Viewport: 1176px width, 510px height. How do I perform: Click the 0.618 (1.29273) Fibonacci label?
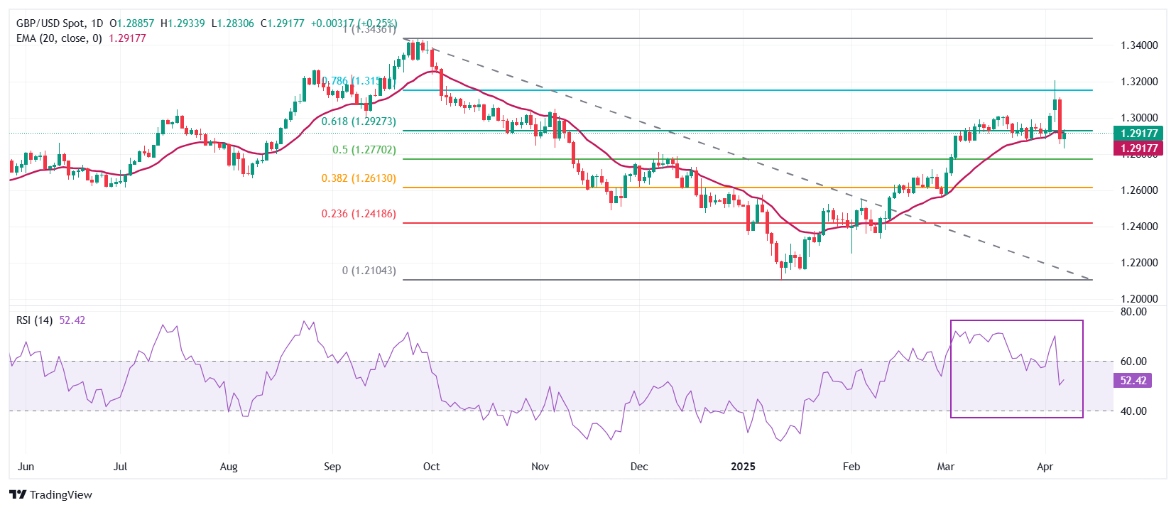point(359,121)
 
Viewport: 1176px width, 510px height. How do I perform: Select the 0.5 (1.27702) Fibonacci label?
point(364,150)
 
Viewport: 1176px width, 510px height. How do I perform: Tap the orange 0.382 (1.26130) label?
point(359,178)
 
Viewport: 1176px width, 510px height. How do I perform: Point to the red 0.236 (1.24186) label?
point(359,214)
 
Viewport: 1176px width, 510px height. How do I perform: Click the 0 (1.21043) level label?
point(369,271)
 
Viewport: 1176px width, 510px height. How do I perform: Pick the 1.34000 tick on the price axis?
point(1139,45)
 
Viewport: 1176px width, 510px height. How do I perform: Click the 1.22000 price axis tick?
point(1139,263)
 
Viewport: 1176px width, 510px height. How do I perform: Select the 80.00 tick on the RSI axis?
point(1133,312)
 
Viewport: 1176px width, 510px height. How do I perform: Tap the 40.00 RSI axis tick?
point(1133,411)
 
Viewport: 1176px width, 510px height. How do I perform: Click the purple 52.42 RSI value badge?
point(1133,381)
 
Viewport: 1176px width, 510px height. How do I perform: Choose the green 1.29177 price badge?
point(1139,134)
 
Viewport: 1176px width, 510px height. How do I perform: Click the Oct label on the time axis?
point(431,467)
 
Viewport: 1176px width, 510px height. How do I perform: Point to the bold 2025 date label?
point(743,467)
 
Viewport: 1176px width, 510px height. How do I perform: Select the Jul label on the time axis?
point(120,467)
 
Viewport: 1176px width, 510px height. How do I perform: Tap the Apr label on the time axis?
point(1045,467)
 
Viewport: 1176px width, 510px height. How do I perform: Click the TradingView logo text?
point(60,495)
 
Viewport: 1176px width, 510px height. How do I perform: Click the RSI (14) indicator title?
point(35,320)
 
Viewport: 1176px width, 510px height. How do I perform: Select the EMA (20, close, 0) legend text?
point(59,38)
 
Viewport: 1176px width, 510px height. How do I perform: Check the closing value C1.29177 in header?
point(282,23)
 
